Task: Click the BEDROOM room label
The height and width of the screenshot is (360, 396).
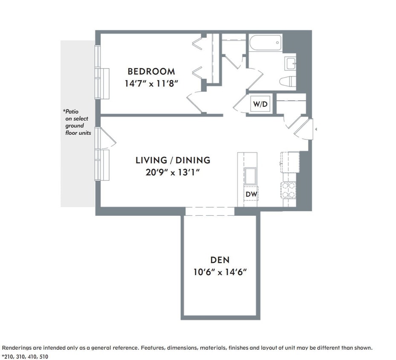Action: coord(151,71)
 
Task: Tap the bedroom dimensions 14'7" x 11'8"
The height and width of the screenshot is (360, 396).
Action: coord(151,84)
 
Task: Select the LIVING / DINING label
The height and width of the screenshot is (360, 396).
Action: coord(173,160)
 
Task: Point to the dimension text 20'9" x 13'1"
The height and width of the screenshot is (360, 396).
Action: coord(173,172)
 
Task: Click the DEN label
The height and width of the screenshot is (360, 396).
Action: coord(220,260)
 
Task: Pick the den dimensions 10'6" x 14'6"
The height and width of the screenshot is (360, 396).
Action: coord(220,272)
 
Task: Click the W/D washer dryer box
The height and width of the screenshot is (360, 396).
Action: coord(260,104)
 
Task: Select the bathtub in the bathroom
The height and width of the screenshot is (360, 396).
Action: coord(265,43)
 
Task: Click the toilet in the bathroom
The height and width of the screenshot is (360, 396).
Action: coord(288,81)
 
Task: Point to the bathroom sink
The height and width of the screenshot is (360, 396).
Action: coord(291,64)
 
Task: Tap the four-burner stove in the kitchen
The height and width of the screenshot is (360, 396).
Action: coord(289,190)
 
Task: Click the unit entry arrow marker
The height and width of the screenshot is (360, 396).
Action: coord(316,128)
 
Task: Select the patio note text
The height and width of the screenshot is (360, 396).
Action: coord(77,122)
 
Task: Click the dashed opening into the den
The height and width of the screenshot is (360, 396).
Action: coord(210,212)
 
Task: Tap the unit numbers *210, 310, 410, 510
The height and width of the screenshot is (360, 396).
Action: coord(25,356)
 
